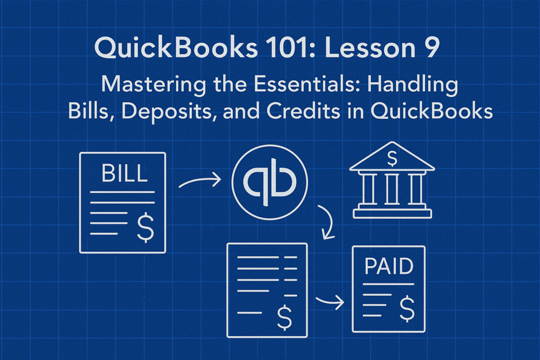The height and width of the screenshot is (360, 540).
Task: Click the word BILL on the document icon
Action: [x=124, y=173]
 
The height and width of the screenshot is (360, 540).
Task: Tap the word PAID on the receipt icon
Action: [x=389, y=266]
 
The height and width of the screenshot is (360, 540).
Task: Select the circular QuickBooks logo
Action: [x=269, y=182]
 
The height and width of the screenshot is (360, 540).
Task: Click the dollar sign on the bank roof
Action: [x=392, y=158]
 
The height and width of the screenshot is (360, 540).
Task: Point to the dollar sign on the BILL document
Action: [x=145, y=227]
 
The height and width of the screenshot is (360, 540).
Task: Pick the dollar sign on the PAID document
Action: [x=407, y=308]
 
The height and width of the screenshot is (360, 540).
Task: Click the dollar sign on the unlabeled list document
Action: [x=285, y=317]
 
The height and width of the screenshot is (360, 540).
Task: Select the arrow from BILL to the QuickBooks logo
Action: [x=200, y=181]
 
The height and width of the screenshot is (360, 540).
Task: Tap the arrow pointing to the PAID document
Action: [x=330, y=302]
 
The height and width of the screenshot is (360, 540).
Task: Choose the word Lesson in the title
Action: [x=370, y=48]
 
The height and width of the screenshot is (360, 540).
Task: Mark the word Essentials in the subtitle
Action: [x=304, y=84]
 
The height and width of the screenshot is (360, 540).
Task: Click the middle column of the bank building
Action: [x=392, y=189]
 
